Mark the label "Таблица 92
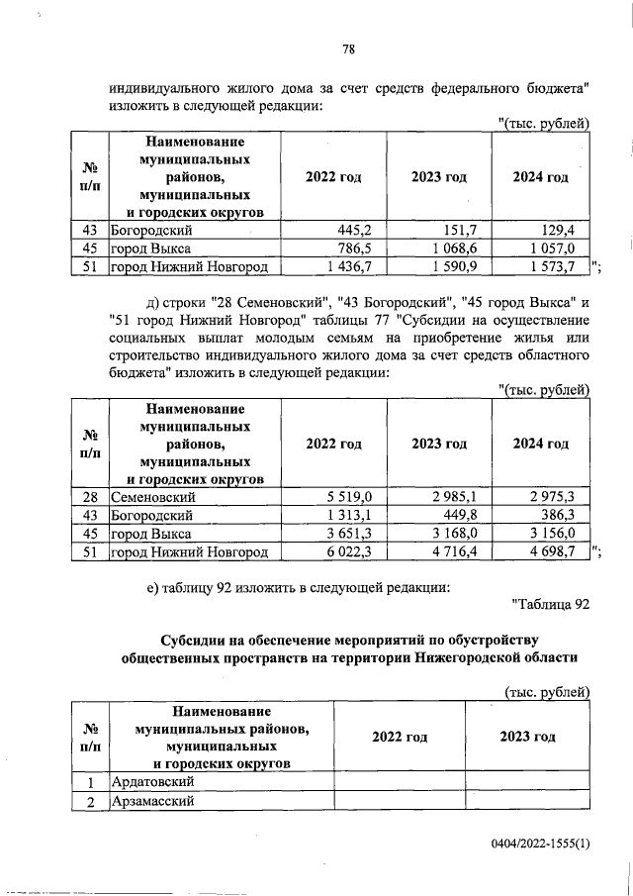tap(550, 603)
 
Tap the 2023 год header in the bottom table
tap(527, 737)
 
